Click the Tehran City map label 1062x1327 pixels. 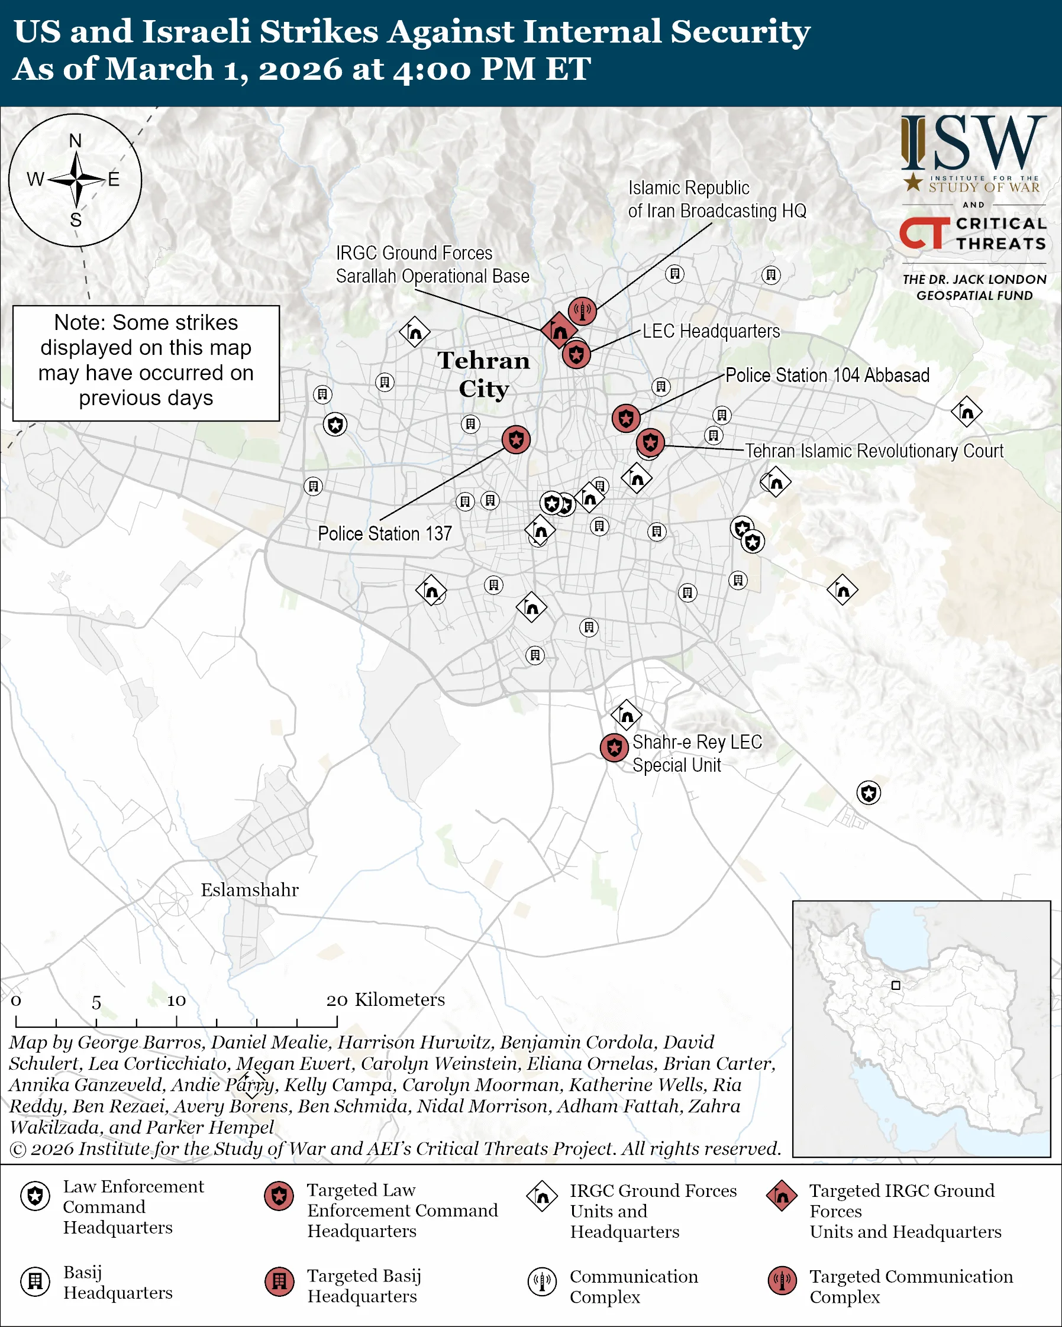(484, 374)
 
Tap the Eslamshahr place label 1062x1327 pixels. (249, 890)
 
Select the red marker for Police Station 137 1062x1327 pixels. (516, 439)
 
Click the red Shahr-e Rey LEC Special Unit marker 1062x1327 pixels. (614, 747)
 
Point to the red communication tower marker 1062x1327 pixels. (582, 311)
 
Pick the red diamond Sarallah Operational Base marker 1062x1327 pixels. (559, 331)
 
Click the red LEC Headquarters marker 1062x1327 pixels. (576, 355)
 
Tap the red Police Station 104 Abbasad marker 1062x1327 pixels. (626, 419)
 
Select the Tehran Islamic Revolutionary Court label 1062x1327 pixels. (874, 451)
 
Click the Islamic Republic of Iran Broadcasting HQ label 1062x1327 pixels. (716, 199)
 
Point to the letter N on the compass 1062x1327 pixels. (75, 141)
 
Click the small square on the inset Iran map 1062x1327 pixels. (896, 985)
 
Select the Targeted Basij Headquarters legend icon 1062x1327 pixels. (279, 1281)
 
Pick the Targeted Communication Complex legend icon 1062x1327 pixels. (782, 1281)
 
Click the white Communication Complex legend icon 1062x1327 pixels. (542, 1281)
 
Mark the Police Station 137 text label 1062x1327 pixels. (385, 533)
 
